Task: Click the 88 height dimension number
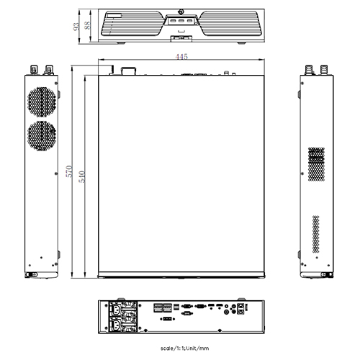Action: [87, 26]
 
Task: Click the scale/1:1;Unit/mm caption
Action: [180, 348]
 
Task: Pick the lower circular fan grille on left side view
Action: [42, 135]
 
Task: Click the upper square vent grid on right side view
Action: [316, 164]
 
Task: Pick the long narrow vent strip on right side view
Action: [315, 232]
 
